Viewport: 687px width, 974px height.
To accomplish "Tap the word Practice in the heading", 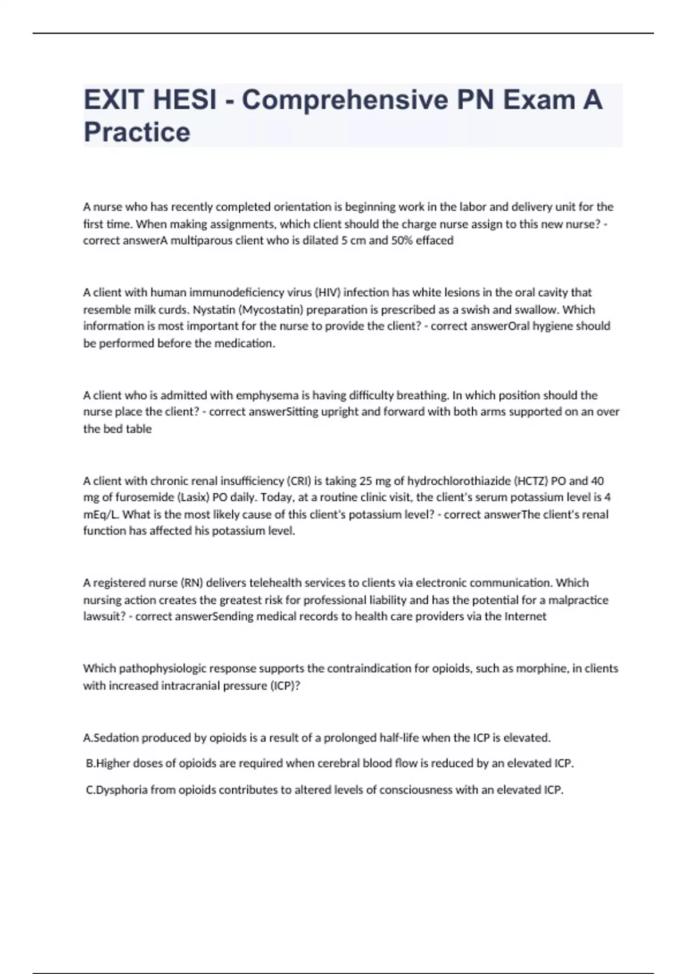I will point(137,132).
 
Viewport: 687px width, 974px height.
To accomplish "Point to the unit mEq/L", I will point(101,515).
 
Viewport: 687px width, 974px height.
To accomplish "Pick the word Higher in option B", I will point(113,764).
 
